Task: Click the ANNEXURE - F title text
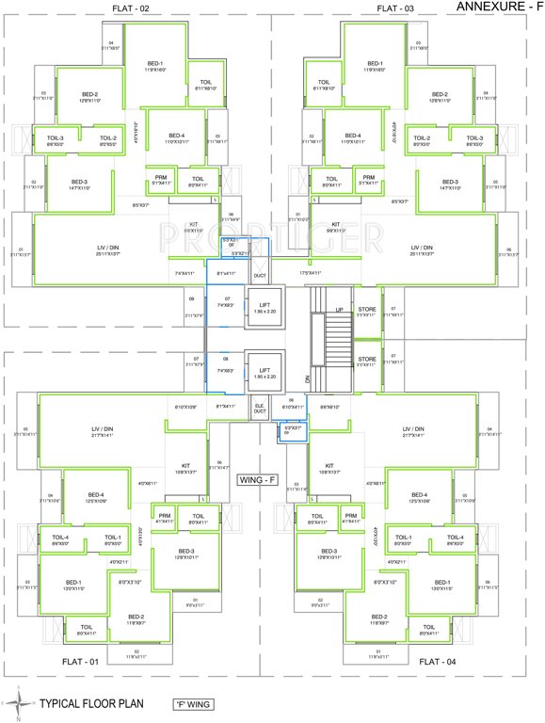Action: click(x=497, y=7)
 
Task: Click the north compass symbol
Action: click(x=19, y=701)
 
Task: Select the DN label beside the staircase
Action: click(x=307, y=378)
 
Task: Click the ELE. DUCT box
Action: click(x=259, y=410)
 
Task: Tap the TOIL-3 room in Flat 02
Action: click(x=56, y=138)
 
